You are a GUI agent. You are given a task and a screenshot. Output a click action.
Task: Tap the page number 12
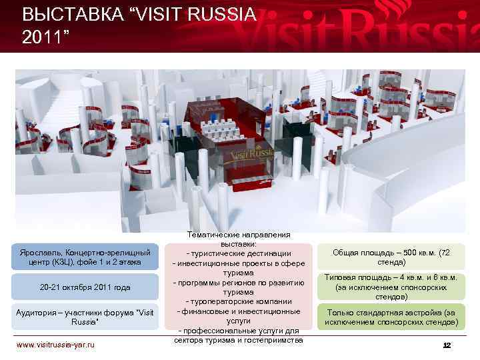[x=447, y=345]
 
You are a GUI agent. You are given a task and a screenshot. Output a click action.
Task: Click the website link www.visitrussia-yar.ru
[x=55, y=344]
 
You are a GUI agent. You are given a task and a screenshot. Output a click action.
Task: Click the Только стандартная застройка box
[x=389, y=317]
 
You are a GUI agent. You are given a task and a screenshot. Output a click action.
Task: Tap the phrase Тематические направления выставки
[x=239, y=239]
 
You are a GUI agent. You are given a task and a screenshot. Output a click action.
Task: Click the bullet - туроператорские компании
[x=239, y=301]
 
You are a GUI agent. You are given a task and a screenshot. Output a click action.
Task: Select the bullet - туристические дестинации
[x=239, y=254]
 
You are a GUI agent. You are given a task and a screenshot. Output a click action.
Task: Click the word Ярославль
[x=40, y=253]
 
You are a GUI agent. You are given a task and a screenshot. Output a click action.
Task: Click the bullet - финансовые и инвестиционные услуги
[x=239, y=316]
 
